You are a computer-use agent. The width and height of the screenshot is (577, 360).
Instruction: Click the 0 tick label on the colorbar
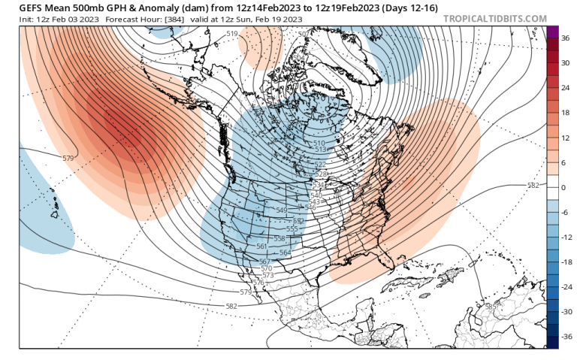(x=564, y=187)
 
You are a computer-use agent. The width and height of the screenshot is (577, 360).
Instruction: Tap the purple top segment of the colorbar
(x=552, y=32)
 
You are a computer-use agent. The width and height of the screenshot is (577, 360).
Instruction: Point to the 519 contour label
(x=231, y=35)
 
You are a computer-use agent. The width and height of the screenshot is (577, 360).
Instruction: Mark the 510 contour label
(x=319, y=143)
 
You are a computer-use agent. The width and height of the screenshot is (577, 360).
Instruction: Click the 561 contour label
(x=262, y=247)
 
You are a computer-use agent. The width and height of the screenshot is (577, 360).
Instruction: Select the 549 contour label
(x=282, y=210)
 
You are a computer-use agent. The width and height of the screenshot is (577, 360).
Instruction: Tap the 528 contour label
(x=321, y=174)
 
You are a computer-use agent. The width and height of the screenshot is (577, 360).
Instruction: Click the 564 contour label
(x=285, y=253)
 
